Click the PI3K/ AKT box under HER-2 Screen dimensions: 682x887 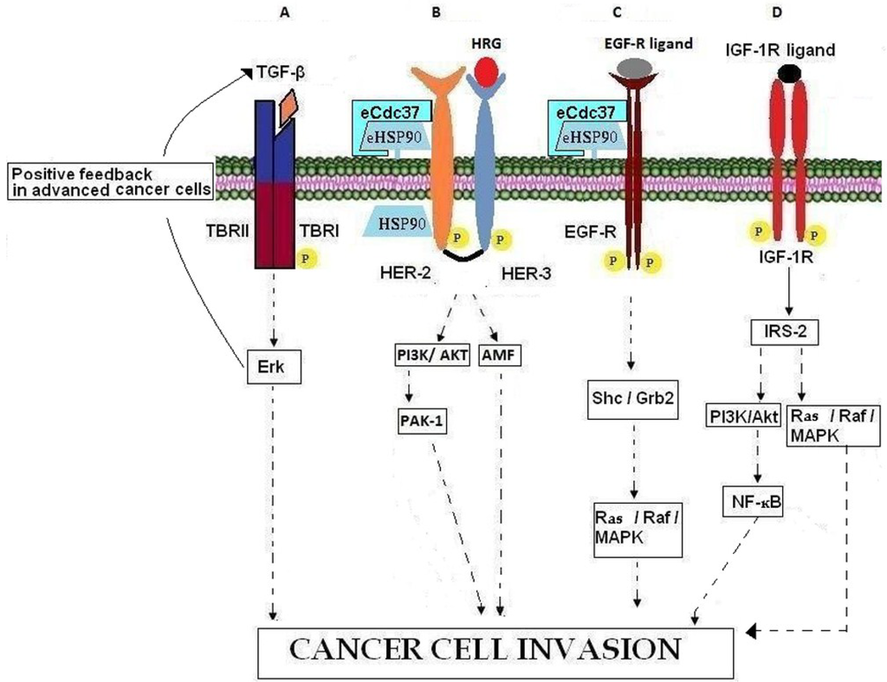[x=427, y=355]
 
